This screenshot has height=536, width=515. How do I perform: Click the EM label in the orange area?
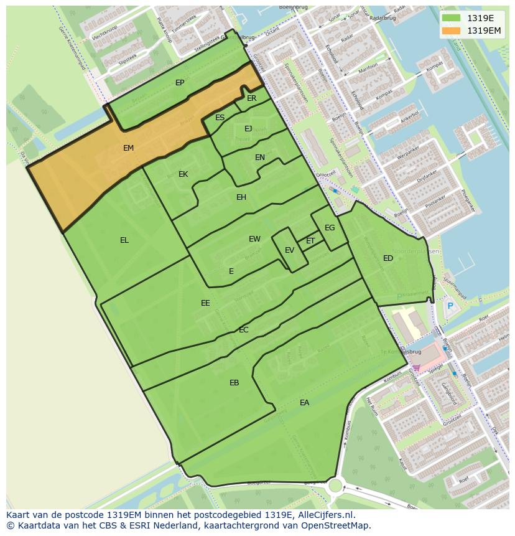[x=128, y=148]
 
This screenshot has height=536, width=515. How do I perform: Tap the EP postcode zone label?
[x=180, y=83]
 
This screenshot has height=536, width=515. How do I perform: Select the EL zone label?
[x=124, y=240]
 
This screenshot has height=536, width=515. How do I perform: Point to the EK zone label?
[x=183, y=174]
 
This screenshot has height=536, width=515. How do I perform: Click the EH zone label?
[x=241, y=197]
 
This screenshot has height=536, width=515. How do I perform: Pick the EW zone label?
[x=254, y=239]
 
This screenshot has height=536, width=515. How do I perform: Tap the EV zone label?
[x=289, y=250]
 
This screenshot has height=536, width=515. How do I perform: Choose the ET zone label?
[x=310, y=241]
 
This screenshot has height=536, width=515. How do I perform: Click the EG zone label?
[x=330, y=228]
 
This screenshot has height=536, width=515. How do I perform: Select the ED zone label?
[x=388, y=258]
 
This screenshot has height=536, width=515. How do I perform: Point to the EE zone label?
[x=205, y=303]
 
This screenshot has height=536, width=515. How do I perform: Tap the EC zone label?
[x=244, y=330]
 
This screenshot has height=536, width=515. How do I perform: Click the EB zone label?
[x=234, y=383]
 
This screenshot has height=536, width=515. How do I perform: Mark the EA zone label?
[x=304, y=403]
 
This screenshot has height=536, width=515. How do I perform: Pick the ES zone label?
[x=220, y=118]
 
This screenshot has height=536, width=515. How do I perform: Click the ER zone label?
[x=251, y=98]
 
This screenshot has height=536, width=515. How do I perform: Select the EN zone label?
[x=260, y=158]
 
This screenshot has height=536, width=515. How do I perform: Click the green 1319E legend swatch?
[x=452, y=19]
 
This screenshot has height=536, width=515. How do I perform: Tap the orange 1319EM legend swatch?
[x=452, y=31]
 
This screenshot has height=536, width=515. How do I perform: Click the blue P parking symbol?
[x=450, y=306]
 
